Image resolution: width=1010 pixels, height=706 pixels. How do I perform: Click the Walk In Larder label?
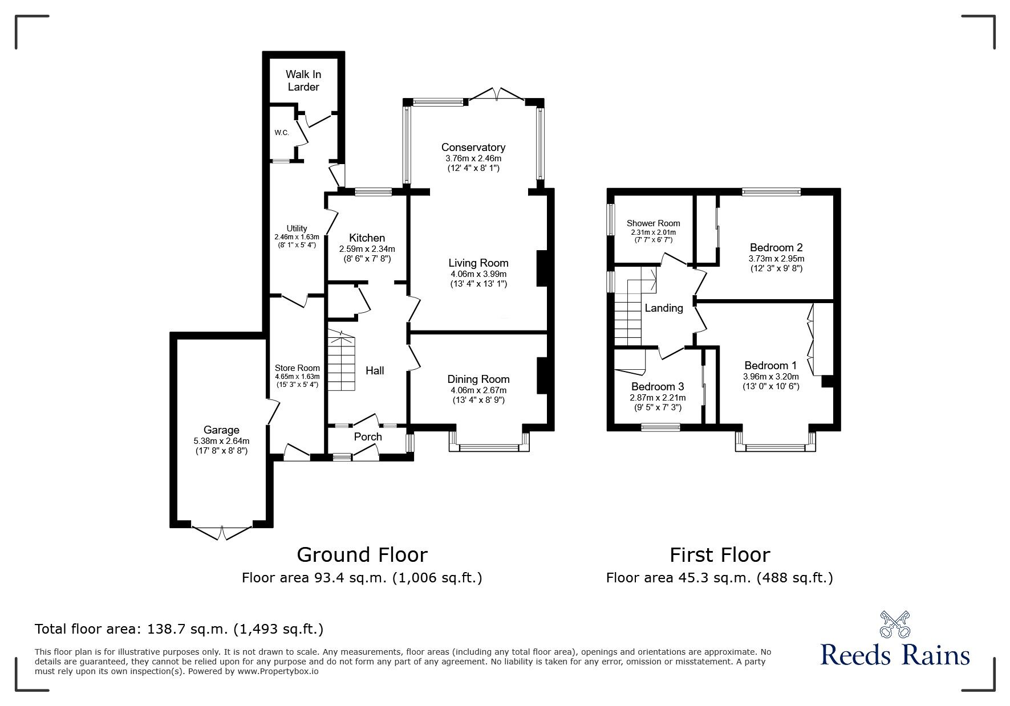click(x=303, y=80)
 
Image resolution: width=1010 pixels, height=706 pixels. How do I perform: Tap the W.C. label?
click(x=281, y=133)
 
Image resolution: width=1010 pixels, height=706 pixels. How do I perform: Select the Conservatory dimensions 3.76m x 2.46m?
click(x=473, y=158)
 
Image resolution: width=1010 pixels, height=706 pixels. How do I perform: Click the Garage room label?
click(x=221, y=430)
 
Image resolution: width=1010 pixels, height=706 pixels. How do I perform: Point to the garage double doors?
click(x=222, y=532)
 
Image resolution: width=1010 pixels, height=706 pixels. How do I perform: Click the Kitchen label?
click(x=367, y=238)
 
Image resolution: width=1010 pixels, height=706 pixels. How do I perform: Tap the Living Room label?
click(x=478, y=263)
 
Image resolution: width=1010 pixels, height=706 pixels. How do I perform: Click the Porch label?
click(x=368, y=437)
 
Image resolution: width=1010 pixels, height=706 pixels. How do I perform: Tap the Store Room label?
click(x=297, y=368)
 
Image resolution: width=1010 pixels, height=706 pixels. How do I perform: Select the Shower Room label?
click(x=653, y=223)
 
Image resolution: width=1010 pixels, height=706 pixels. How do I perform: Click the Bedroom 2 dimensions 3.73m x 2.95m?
click(x=776, y=258)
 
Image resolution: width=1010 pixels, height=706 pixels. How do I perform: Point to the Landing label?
click(x=663, y=308)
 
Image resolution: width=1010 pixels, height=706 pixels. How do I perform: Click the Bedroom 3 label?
click(x=657, y=387)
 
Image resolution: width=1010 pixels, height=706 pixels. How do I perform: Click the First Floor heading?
click(x=719, y=554)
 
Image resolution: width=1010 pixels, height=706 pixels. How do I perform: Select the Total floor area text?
click(x=179, y=629)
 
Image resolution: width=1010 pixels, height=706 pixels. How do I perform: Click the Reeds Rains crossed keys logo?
click(x=895, y=625)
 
